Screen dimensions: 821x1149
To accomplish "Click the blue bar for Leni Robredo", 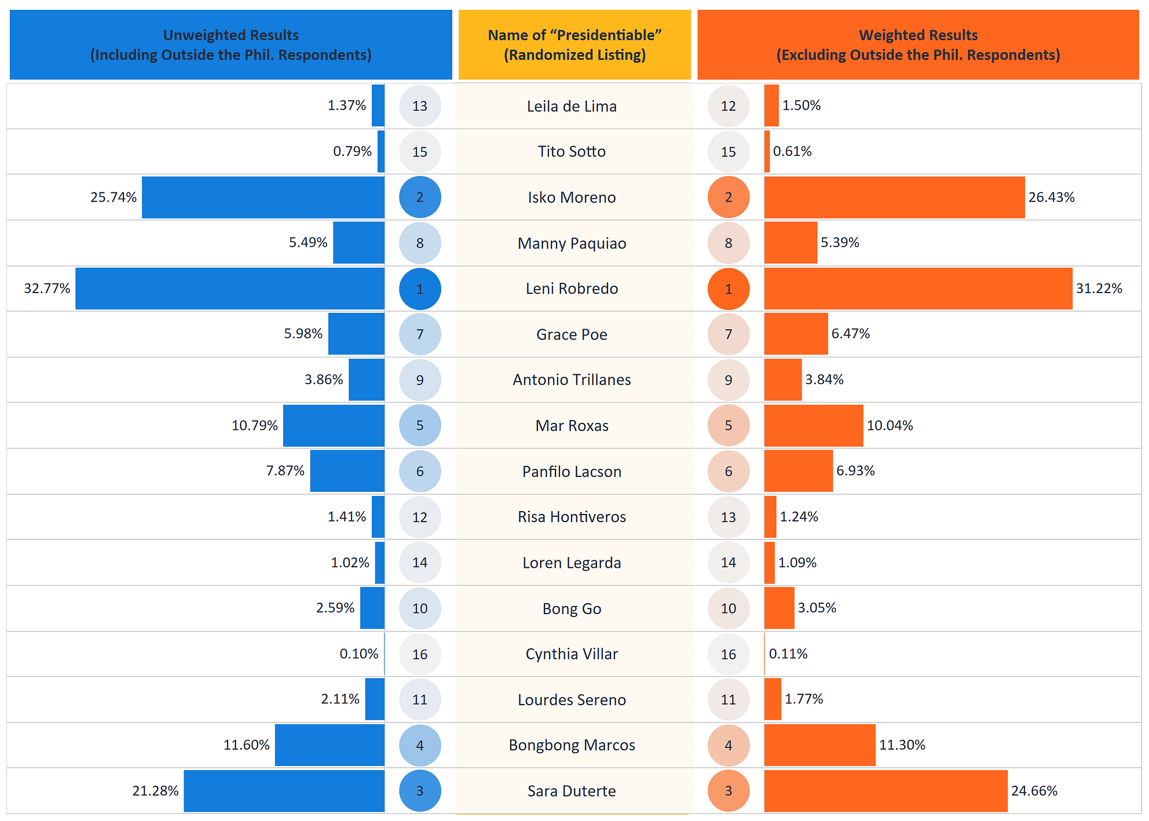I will pyautogui.click(x=230, y=289).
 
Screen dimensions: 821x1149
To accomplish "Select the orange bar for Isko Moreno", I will pyautogui.click(x=894, y=198).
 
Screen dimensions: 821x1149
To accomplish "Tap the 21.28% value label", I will pyautogui.click(x=155, y=791).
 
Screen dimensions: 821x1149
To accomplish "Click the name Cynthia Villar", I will pyautogui.click(x=572, y=654).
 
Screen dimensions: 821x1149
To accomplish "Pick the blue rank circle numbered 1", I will pyautogui.click(x=420, y=289).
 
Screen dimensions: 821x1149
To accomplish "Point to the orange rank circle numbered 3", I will pyautogui.click(x=729, y=791).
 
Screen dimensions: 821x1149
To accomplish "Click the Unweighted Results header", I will pyautogui.click(x=230, y=45).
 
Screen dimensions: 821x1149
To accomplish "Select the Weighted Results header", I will pyautogui.click(x=918, y=45).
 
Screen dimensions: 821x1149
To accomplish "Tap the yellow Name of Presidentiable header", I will pyautogui.click(x=574, y=45).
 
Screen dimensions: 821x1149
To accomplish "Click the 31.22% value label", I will pyautogui.click(x=1099, y=289).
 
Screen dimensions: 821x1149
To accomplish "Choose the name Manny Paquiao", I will pyautogui.click(x=572, y=243).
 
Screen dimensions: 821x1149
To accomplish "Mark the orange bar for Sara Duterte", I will pyautogui.click(x=885, y=791).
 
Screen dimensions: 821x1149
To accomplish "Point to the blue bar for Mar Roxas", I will pyautogui.click(x=334, y=426).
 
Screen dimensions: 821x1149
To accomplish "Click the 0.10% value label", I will pyautogui.click(x=359, y=654).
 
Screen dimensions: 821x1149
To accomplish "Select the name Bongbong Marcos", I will pyautogui.click(x=572, y=745).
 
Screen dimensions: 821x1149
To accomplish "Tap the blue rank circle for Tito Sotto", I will pyautogui.click(x=420, y=152).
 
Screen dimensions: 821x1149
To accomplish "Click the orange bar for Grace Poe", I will pyautogui.click(x=796, y=334).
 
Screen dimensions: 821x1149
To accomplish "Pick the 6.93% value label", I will pyautogui.click(x=855, y=471).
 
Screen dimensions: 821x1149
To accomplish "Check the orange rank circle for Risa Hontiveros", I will pyautogui.click(x=729, y=517).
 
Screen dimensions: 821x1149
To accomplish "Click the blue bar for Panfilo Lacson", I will pyautogui.click(x=347, y=471).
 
